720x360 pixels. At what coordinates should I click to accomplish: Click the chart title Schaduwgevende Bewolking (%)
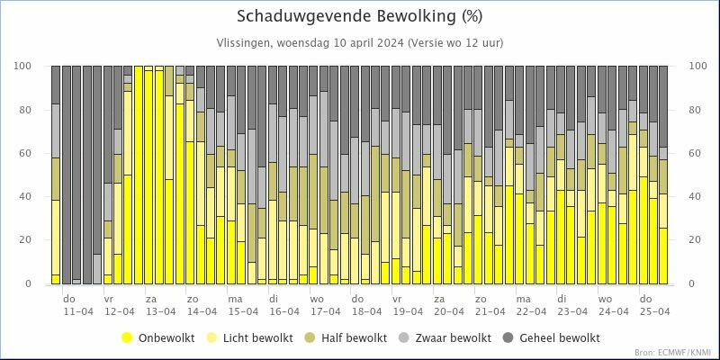[360, 17]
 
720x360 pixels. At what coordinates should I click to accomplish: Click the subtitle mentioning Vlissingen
[360, 43]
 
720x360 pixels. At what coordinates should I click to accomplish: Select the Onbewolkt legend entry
[158, 338]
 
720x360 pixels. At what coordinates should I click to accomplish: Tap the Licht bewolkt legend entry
[252, 338]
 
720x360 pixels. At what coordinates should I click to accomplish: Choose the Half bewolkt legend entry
[346, 338]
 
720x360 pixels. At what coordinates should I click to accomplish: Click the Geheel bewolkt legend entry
[552, 338]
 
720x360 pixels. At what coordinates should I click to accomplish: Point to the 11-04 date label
[78, 311]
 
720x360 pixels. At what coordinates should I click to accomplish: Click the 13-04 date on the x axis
[161, 311]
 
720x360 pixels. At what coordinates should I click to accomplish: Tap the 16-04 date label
[284, 311]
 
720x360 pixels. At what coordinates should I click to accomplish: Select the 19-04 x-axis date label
[409, 311]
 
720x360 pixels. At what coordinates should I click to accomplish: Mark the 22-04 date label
[531, 311]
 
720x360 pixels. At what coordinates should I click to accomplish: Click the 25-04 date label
[655, 311]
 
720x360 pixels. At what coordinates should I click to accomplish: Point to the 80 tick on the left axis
[38, 110]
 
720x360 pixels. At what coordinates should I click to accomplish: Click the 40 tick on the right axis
[683, 196]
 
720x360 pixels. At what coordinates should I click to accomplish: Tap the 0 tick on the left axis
[40, 283]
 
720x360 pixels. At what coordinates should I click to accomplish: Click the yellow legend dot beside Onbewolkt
[127, 338]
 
